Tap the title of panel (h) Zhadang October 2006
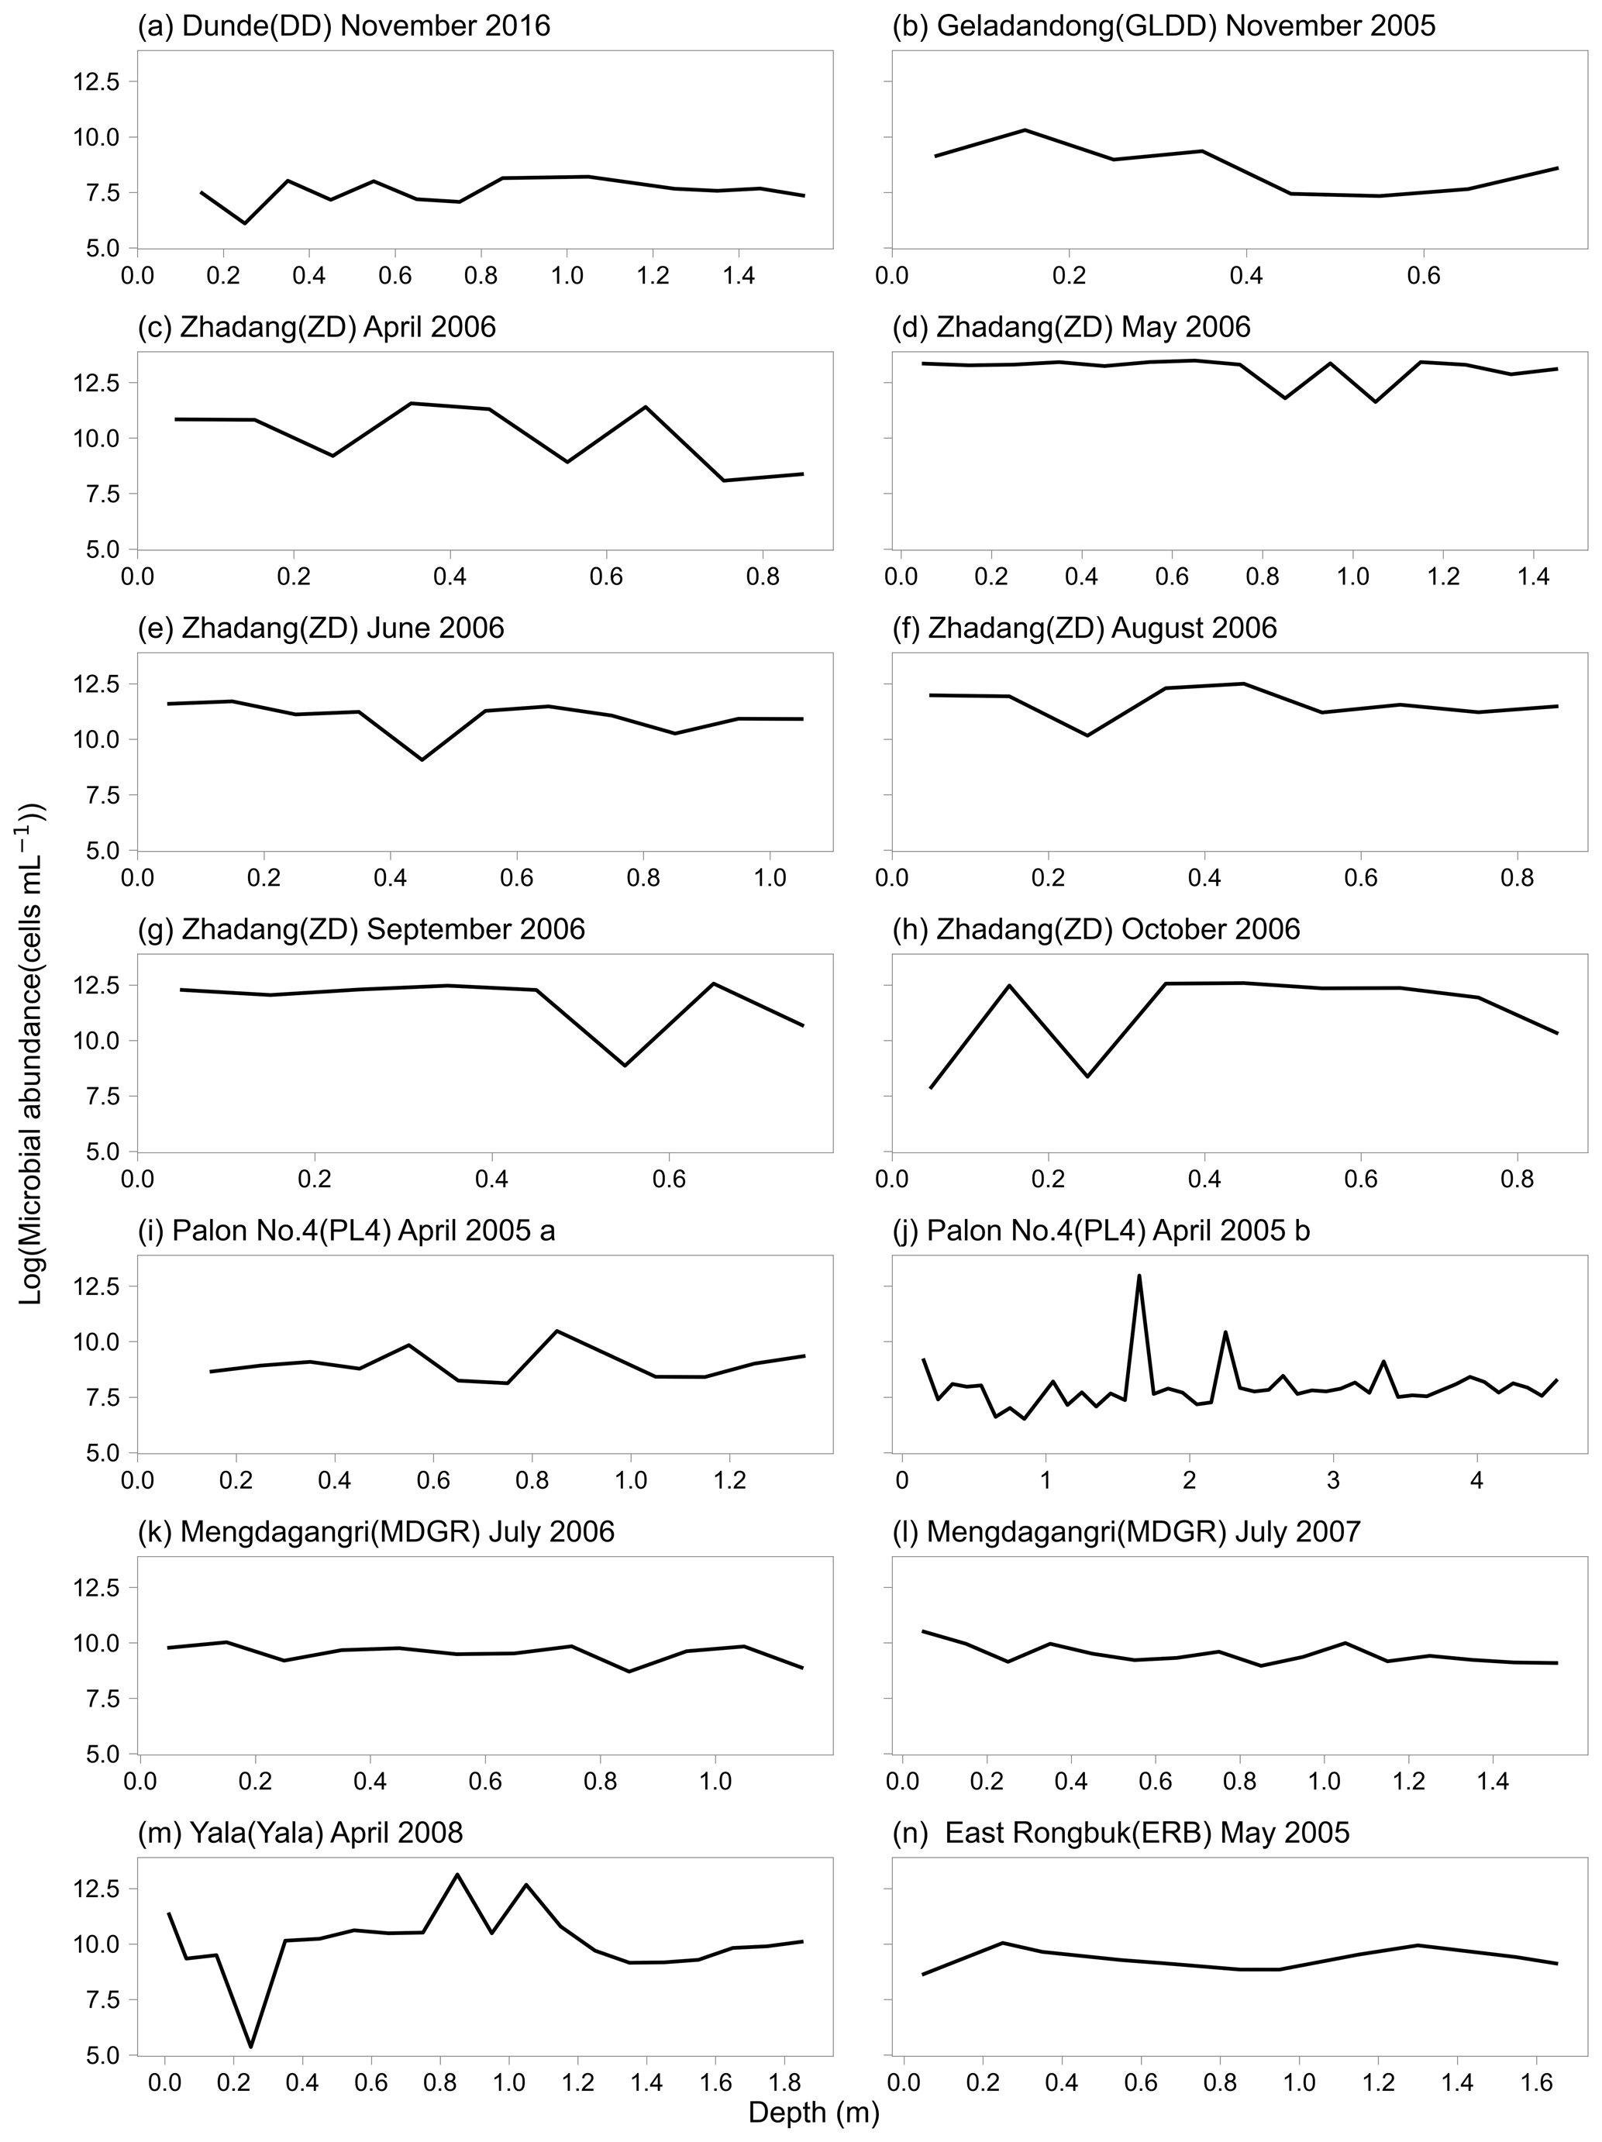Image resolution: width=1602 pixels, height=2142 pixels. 1095,930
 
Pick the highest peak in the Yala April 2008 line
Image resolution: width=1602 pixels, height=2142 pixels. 457,1874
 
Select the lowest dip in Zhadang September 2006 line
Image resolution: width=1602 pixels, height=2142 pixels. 625,1066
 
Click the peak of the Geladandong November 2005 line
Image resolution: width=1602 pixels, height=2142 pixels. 1025,129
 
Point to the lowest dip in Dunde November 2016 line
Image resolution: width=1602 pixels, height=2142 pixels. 244,224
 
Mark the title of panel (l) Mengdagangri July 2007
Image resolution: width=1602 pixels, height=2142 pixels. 1144,1532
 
